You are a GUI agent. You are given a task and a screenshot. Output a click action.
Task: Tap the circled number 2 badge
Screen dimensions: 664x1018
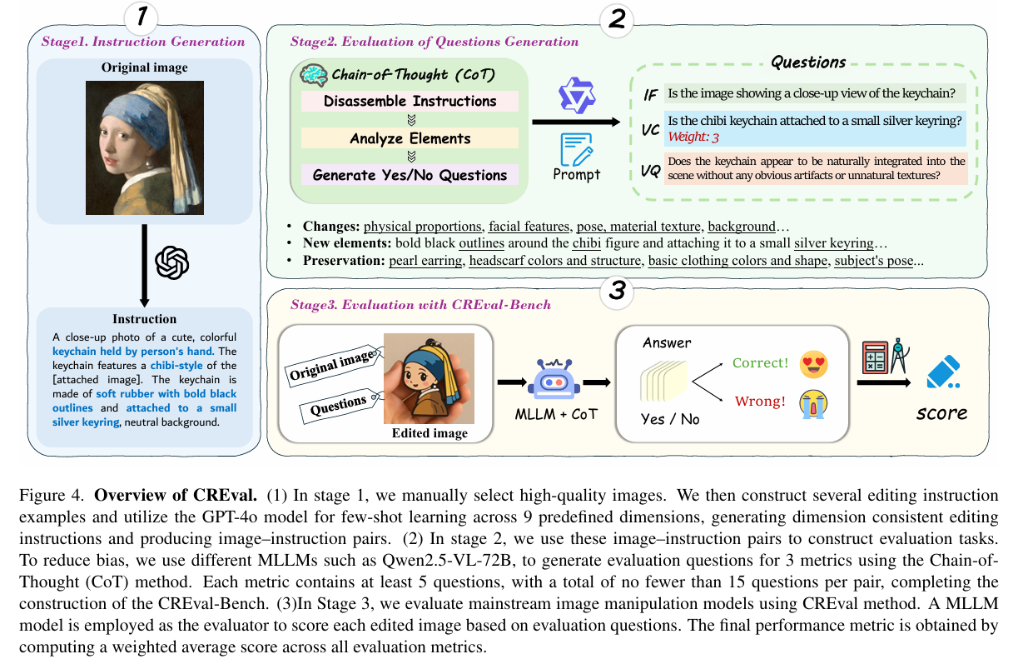(x=616, y=18)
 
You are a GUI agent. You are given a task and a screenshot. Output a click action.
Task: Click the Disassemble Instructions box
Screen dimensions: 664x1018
(x=410, y=102)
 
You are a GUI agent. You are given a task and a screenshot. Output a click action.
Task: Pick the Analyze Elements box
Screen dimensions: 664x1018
(x=410, y=138)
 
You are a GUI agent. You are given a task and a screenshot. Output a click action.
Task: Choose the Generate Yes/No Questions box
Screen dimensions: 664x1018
(x=410, y=175)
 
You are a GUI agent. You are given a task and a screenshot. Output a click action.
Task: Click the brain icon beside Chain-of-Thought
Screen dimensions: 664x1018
(x=314, y=75)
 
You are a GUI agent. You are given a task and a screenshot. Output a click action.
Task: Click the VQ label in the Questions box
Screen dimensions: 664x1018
(x=650, y=171)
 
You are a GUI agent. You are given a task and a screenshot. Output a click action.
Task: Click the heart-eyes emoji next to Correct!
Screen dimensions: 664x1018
(x=813, y=363)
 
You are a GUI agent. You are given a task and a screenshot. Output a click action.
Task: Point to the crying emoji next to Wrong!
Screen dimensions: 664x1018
(x=813, y=402)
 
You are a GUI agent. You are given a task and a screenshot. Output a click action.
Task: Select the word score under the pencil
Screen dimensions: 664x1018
(x=941, y=413)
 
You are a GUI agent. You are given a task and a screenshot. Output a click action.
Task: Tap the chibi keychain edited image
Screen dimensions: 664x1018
(x=429, y=378)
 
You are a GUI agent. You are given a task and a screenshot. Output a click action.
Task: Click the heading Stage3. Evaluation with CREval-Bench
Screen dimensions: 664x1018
(x=420, y=305)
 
